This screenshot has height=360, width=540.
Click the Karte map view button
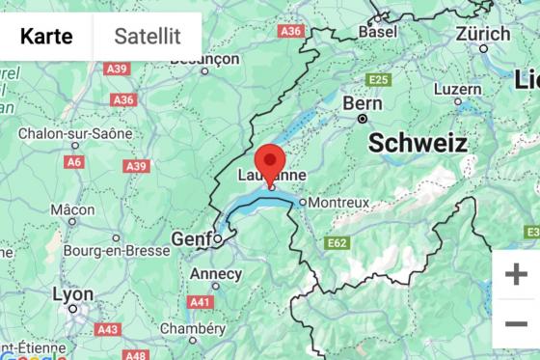pos(46,37)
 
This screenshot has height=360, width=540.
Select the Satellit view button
pos(148,37)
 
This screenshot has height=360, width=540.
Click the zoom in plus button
pos(516,273)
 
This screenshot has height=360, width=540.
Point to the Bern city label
pos(363,103)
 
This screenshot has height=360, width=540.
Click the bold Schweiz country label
pos(418,143)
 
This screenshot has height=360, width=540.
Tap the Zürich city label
pos(483,33)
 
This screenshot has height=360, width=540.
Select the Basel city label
pos(377,32)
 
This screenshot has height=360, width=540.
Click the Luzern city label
pos(457,88)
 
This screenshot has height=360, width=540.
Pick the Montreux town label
pos(338,203)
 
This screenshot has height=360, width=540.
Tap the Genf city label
pos(190,237)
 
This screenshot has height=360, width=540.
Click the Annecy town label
pos(215,273)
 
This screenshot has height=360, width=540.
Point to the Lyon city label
pos(72,294)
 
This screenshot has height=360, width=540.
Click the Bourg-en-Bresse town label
pos(116,251)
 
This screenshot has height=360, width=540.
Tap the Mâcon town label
pos(73,209)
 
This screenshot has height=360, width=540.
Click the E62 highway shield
pos(337,243)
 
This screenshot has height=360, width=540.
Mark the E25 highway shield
pos(377,79)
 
